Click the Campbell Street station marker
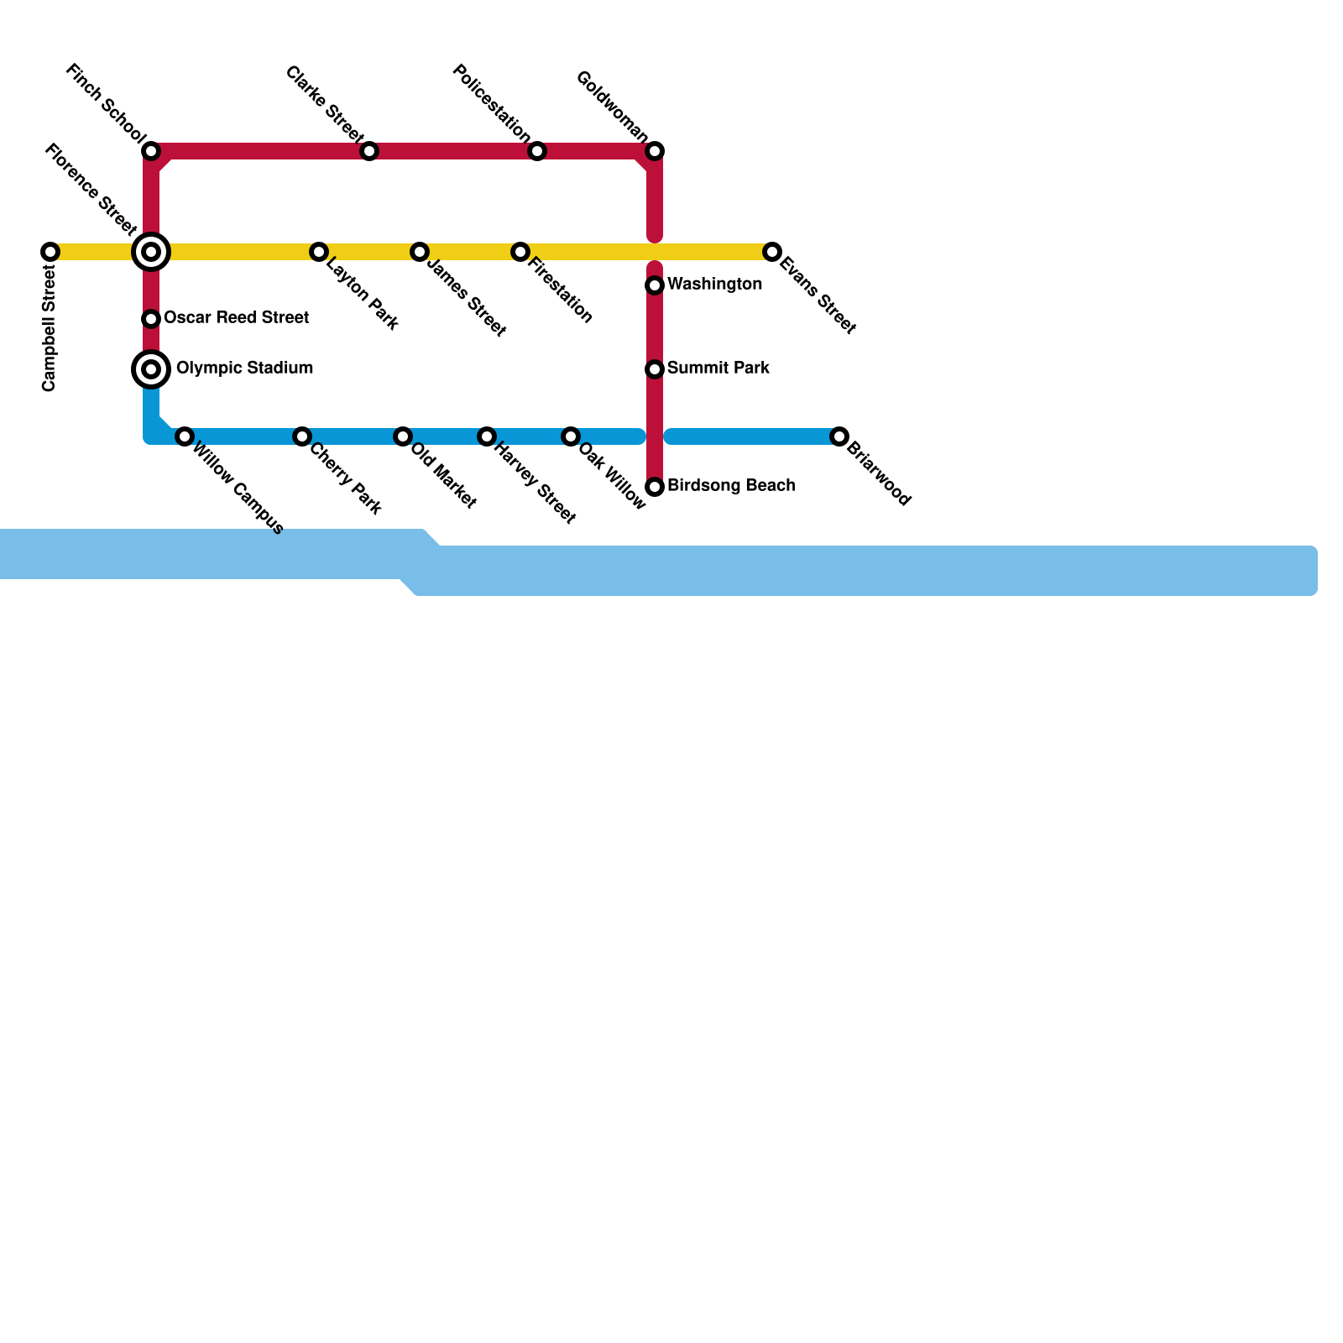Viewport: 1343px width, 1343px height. coord(50,252)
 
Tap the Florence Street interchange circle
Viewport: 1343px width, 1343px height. coord(151,252)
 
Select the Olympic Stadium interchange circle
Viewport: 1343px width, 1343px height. coord(151,369)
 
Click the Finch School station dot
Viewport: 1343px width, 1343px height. coord(151,151)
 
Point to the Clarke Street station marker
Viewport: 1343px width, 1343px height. coord(369,151)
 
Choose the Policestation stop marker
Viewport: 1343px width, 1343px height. coord(537,151)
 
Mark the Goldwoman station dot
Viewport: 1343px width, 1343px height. coord(655,151)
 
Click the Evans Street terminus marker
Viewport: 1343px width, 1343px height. coord(772,252)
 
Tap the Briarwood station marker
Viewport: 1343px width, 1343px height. coord(839,436)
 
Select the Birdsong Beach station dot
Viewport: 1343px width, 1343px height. coord(655,487)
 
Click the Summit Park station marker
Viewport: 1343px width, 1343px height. coord(655,369)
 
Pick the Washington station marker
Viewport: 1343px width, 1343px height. coord(655,285)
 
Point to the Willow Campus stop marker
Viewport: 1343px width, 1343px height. coord(185,436)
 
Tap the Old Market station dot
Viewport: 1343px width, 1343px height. coord(403,436)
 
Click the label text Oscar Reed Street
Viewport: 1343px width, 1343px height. coord(236,318)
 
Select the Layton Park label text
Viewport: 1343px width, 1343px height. coord(362,294)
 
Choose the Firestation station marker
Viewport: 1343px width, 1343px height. coord(520,252)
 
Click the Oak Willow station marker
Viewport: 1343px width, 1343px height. coord(571,436)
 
